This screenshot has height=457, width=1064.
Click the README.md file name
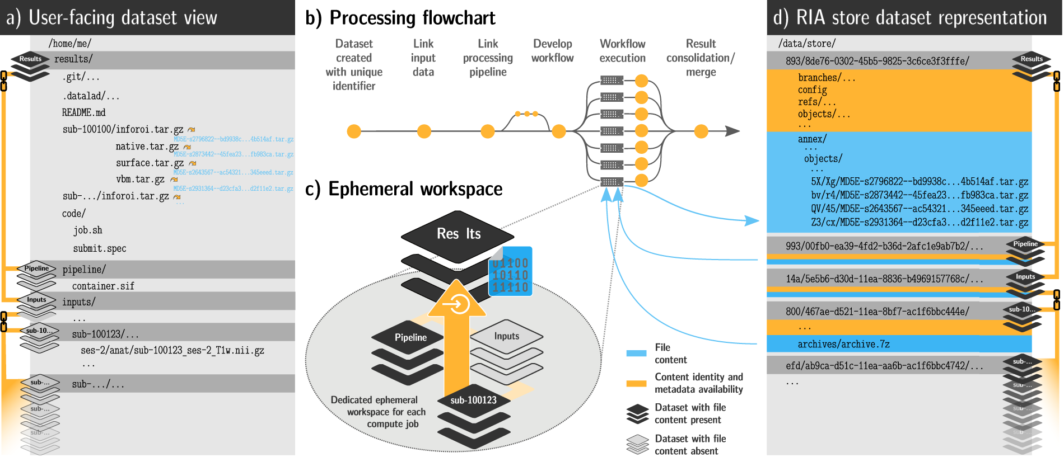coord(83,112)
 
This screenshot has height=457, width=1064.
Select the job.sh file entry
coord(88,230)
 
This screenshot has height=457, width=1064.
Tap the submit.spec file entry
coord(100,248)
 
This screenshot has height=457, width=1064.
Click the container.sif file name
coord(103,286)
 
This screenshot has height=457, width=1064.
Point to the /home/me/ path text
coord(70,44)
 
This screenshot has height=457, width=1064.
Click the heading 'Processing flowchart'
coord(412,18)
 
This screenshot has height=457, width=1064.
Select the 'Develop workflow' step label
coord(552,51)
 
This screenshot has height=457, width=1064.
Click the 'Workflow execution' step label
coord(622,51)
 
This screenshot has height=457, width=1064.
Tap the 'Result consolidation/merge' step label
coord(701,58)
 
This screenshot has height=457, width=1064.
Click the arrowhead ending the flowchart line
coord(732,131)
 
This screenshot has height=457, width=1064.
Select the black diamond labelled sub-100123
coord(474,401)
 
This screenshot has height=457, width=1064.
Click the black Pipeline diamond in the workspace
coord(410,337)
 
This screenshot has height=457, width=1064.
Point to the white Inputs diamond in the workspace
coord(506,336)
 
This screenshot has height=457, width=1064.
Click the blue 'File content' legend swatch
coord(636,353)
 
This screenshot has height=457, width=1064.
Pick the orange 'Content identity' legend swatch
coord(636,384)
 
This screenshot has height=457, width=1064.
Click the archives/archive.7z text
coord(843,344)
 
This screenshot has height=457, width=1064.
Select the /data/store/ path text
coord(807,43)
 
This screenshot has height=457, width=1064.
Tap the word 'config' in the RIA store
coord(812,89)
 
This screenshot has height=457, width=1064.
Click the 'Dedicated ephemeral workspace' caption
coord(379,412)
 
